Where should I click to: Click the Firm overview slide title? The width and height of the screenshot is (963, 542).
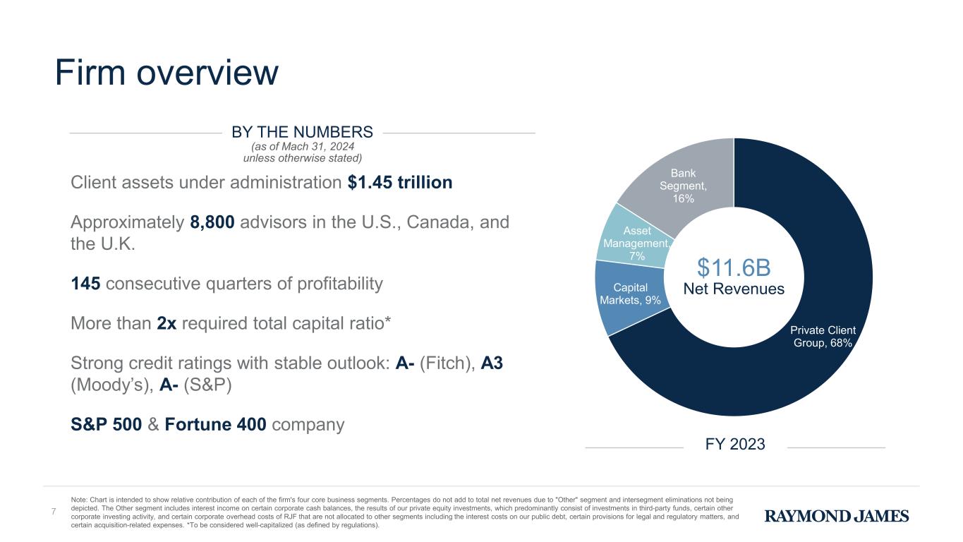point(167,73)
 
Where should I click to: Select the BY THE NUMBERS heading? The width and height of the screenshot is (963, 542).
point(302,132)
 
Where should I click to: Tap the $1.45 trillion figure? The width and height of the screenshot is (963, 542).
point(400,183)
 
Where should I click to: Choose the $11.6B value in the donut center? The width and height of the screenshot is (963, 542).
point(734,267)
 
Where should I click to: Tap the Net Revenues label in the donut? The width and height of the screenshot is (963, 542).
point(734,289)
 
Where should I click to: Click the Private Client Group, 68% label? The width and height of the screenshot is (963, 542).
point(822,337)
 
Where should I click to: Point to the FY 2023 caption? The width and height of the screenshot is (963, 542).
point(735,445)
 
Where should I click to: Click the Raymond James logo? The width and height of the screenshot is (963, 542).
point(837,517)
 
